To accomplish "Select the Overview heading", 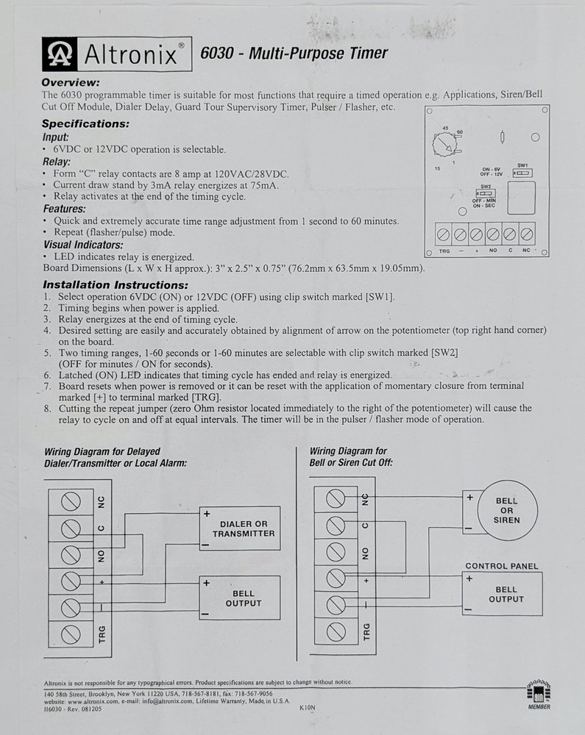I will pos(71,83).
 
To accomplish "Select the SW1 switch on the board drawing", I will pos(522,173).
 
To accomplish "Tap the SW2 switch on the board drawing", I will pos(484,194).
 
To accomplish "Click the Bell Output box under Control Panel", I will pos(506,594).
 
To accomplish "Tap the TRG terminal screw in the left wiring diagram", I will pos(71,634).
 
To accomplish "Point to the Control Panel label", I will pos(501,566).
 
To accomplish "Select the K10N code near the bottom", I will pos(307,709).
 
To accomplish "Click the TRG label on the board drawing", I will pos(444,251).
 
